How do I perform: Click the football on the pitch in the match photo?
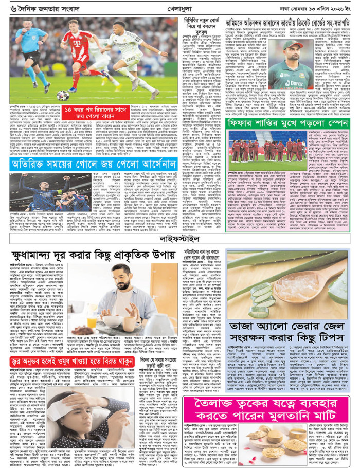[63, 95]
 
